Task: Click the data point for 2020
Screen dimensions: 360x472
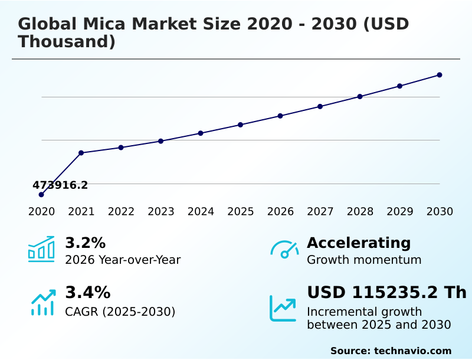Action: click(41, 195)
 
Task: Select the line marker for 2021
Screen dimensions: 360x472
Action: click(81, 153)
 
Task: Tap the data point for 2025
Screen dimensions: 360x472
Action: click(241, 125)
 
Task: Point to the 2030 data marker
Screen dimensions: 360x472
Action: click(440, 75)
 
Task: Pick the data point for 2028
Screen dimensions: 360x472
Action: click(360, 96)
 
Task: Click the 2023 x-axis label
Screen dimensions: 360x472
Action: click(161, 212)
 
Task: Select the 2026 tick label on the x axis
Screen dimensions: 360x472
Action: click(280, 212)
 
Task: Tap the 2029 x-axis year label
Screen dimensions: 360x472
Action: click(400, 212)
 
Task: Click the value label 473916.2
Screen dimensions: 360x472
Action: click(60, 185)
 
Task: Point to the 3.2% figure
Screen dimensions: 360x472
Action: click(85, 243)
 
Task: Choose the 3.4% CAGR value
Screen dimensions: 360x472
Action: click(87, 292)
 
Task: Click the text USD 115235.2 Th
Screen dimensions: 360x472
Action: click(386, 292)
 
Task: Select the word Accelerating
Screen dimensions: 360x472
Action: click(359, 243)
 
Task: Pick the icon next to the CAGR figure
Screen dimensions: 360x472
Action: click(42, 302)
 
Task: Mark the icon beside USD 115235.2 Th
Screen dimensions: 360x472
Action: click(283, 307)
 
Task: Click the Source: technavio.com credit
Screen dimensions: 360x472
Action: click(391, 351)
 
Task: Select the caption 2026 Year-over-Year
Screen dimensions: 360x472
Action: click(123, 260)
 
